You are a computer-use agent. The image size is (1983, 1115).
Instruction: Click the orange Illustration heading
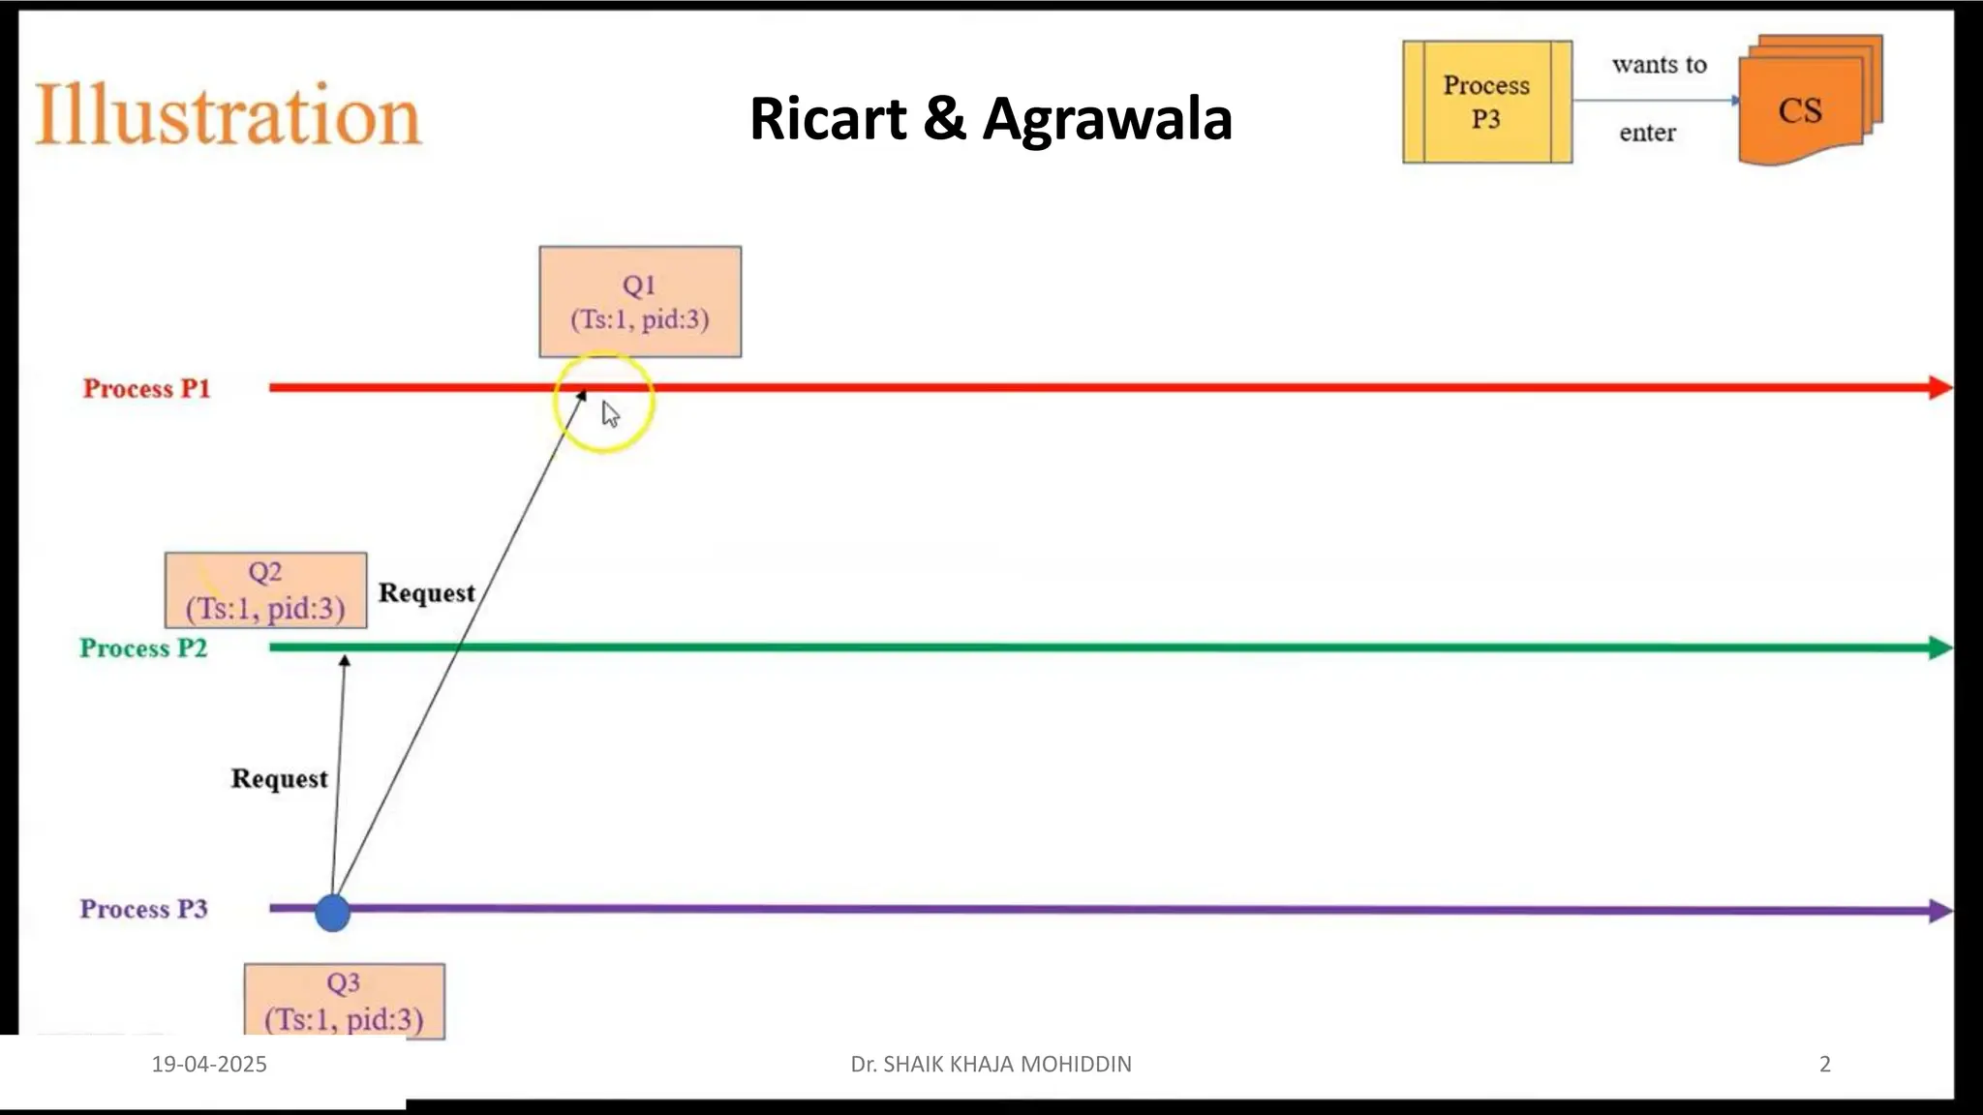pos(229,115)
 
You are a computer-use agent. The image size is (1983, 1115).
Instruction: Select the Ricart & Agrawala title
pos(991,119)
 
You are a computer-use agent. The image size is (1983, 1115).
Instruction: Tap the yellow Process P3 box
pos(1486,102)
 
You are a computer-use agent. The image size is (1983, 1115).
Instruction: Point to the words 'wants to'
pos(1659,65)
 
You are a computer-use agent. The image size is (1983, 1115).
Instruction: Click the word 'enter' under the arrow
pos(1647,133)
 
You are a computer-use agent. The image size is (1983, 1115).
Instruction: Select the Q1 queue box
pos(640,302)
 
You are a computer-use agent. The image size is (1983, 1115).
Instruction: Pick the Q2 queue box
pos(265,590)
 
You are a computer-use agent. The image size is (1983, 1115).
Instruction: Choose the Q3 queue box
pos(344,1001)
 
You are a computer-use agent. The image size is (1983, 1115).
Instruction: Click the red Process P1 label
pos(146,388)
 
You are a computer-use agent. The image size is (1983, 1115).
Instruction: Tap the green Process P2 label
pos(143,648)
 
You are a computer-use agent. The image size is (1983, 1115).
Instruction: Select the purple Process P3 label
pos(143,909)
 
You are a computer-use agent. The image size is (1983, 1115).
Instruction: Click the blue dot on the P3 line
pos(332,913)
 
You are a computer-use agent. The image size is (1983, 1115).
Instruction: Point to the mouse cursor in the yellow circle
pos(610,414)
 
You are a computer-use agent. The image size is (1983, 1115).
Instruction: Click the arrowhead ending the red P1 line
pos(1939,388)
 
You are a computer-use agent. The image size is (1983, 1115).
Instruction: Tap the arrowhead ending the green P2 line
pos(1939,648)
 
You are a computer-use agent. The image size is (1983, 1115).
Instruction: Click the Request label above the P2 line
pos(426,592)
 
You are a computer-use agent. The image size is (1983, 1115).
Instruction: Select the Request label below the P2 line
pos(279,778)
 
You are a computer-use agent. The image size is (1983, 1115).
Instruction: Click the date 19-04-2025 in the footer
pos(209,1064)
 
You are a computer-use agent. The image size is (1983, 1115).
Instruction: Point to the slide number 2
pos(1825,1064)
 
